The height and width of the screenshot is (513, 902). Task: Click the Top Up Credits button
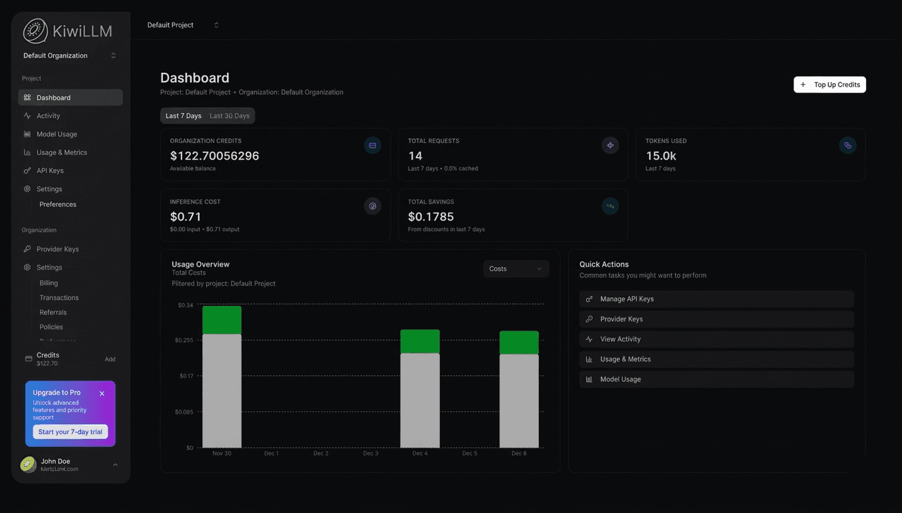coord(829,85)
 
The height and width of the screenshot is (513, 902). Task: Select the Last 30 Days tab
coord(229,116)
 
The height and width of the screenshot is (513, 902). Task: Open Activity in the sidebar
coord(48,116)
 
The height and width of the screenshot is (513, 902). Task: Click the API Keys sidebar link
coord(50,170)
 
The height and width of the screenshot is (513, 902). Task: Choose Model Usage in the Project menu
coord(56,134)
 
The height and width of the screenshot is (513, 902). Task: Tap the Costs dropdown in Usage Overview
coord(515,269)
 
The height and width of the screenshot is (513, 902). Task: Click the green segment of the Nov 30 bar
coord(222,320)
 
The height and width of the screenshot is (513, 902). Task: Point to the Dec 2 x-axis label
coord(320,454)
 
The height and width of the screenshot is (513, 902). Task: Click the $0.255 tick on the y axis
coord(184,340)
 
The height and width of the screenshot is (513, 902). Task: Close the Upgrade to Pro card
coord(102,393)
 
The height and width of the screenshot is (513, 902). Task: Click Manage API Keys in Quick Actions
coord(627,299)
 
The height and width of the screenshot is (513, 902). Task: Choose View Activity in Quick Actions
coord(620,339)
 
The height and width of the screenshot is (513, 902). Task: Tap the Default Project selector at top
coord(182,25)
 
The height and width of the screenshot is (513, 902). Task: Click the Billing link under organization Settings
coord(49,283)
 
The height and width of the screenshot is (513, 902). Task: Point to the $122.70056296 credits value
coord(214,156)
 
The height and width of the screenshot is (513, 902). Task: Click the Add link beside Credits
coord(110,359)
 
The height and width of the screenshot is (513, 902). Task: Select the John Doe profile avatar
coord(28,464)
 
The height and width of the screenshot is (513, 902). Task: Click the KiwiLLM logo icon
coord(35,31)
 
